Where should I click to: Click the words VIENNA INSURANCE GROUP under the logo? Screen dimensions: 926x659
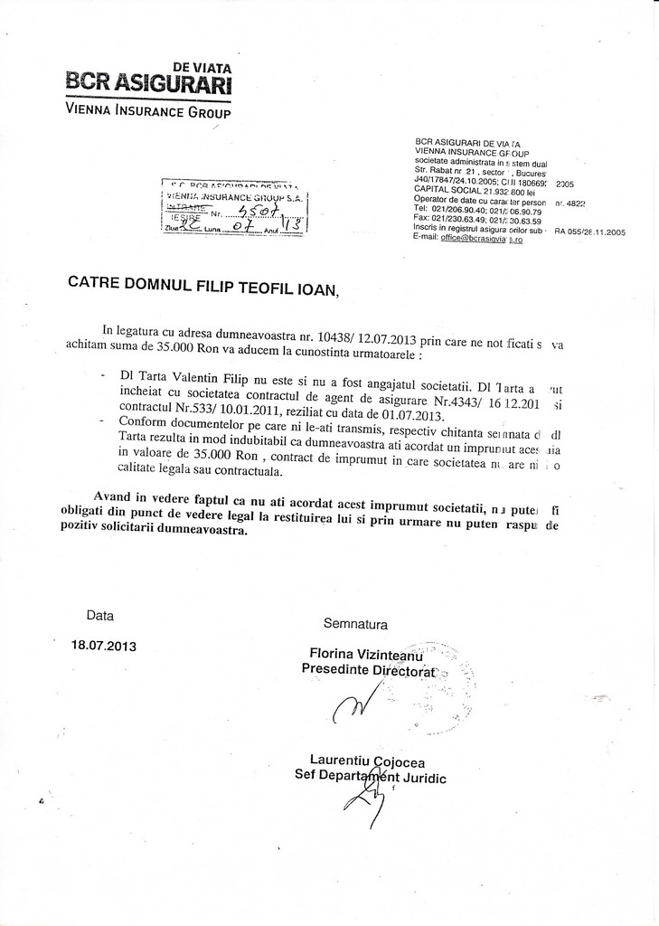point(148,112)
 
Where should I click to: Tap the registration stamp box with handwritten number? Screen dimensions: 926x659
point(233,207)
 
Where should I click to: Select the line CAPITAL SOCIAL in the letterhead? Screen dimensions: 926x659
point(474,192)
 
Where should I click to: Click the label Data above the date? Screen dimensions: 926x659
point(100,616)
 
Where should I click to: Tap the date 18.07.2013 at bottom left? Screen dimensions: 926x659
point(104,647)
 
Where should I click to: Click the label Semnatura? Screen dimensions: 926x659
point(355,624)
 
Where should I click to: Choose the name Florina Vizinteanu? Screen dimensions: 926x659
point(366,654)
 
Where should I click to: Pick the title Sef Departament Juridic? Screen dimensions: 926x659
point(370,777)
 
